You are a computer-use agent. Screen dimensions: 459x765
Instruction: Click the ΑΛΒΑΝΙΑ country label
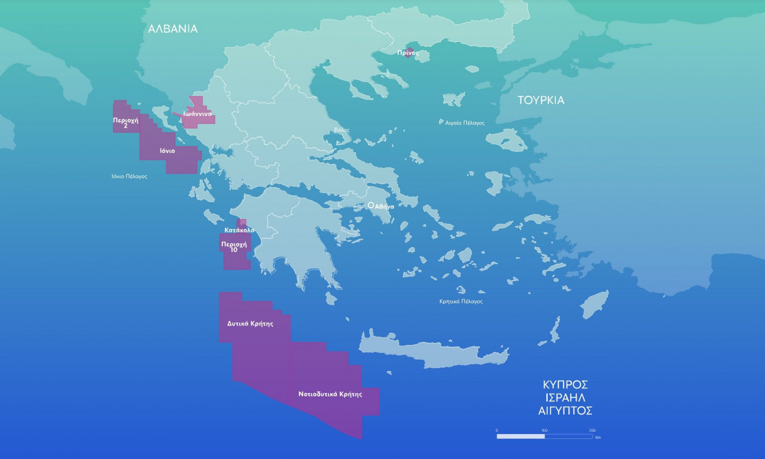pyautogui.click(x=173, y=29)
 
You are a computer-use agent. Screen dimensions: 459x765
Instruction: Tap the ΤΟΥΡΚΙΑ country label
pyautogui.click(x=541, y=100)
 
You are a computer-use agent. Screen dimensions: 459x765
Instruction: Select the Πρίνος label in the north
pyautogui.click(x=409, y=53)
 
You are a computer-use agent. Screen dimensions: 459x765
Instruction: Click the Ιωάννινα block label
pyautogui.click(x=197, y=114)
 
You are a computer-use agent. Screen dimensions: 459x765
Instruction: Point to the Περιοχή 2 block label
pyautogui.click(x=126, y=123)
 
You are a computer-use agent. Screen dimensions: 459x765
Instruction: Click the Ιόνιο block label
pyautogui.click(x=168, y=151)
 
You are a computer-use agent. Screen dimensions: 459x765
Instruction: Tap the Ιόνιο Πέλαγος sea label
pyautogui.click(x=129, y=176)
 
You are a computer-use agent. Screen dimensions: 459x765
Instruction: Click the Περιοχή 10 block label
pyautogui.click(x=234, y=246)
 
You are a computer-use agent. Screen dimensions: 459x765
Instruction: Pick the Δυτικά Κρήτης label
pyautogui.click(x=250, y=324)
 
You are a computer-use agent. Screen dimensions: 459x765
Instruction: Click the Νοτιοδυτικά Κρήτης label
pyautogui.click(x=330, y=394)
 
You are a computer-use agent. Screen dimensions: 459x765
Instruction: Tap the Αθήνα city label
pyautogui.click(x=384, y=206)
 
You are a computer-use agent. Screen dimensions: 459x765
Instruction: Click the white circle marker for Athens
pyautogui.click(x=371, y=206)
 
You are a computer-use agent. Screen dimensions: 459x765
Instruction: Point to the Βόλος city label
pyautogui.click(x=342, y=130)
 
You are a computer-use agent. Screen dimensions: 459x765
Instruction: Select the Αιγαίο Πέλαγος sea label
pyautogui.click(x=461, y=123)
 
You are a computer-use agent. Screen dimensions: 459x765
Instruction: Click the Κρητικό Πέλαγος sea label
pyautogui.click(x=461, y=301)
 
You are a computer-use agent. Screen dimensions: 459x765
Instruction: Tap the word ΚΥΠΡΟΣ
pyautogui.click(x=565, y=384)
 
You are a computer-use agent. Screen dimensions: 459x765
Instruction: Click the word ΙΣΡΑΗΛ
pyautogui.click(x=565, y=398)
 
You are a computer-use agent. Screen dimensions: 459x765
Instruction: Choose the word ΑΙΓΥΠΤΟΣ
pyautogui.click(x=565, y=411)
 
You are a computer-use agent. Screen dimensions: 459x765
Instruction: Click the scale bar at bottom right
pyautogui.click(x=545, y=436)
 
